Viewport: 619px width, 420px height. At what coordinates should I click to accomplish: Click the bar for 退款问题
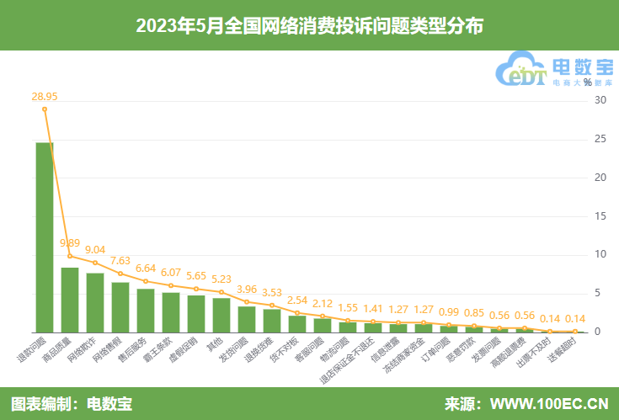click(45, 237)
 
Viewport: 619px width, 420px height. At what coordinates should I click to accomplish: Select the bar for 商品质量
click(70, 300)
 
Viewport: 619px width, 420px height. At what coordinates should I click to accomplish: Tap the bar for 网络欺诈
click(95, 302)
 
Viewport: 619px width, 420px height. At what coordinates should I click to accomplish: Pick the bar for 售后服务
click(146, 311)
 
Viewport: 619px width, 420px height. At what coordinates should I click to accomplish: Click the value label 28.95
click(45, 97)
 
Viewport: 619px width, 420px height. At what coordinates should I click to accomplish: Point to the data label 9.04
click(95, 249)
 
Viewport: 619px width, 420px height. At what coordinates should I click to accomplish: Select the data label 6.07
click(171, 272)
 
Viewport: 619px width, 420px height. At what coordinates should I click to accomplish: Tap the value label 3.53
click(272, 292)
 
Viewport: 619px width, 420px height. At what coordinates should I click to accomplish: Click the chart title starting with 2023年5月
click(309, 26)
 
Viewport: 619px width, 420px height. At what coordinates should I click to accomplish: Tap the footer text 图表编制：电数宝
click(72, 403)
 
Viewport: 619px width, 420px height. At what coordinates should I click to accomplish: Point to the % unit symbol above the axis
click(587, 82)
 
